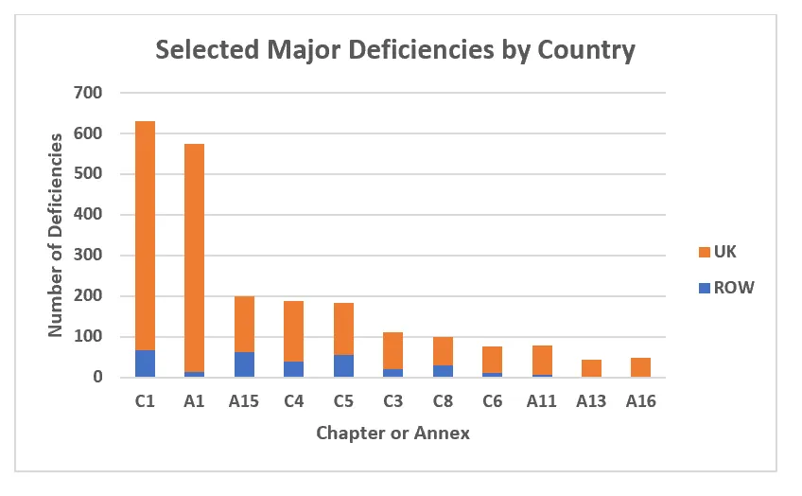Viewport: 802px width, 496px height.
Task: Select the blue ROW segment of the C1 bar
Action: (x=145, y=363)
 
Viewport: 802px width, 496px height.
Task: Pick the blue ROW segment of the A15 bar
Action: (x=244, y=364)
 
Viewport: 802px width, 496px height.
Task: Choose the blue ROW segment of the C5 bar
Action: (x=342, y=365)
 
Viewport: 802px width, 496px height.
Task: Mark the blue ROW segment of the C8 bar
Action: (x=442, y=371)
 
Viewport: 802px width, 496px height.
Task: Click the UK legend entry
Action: (x=725, y=253)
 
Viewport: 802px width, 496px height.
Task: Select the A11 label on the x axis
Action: (x=541, y=401)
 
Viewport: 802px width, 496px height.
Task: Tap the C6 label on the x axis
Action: (x=492, y=401)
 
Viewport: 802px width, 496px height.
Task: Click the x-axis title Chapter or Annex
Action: (x=392, y=434)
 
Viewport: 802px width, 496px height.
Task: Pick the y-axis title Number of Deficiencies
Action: (x=56, y=235)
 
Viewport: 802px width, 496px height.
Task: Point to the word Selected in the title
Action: (x=201, y=49)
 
